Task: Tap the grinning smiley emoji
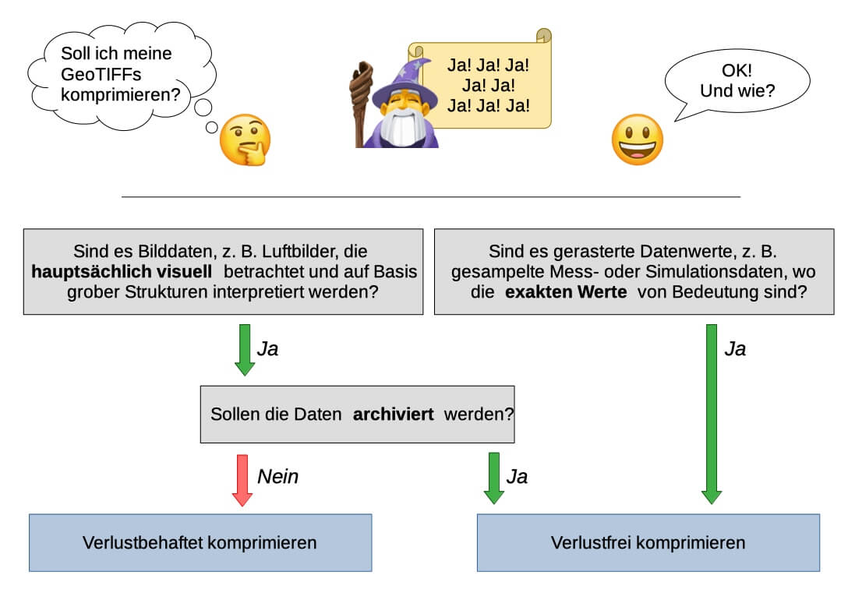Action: [637, 139]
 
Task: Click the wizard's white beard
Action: [401, 125]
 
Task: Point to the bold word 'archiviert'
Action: [393, 415]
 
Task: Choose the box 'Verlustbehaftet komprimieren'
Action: [200, 542]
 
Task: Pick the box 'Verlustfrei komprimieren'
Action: [648, 542]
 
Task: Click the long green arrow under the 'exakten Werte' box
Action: [712, 413]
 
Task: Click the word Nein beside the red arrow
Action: [277, 476]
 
